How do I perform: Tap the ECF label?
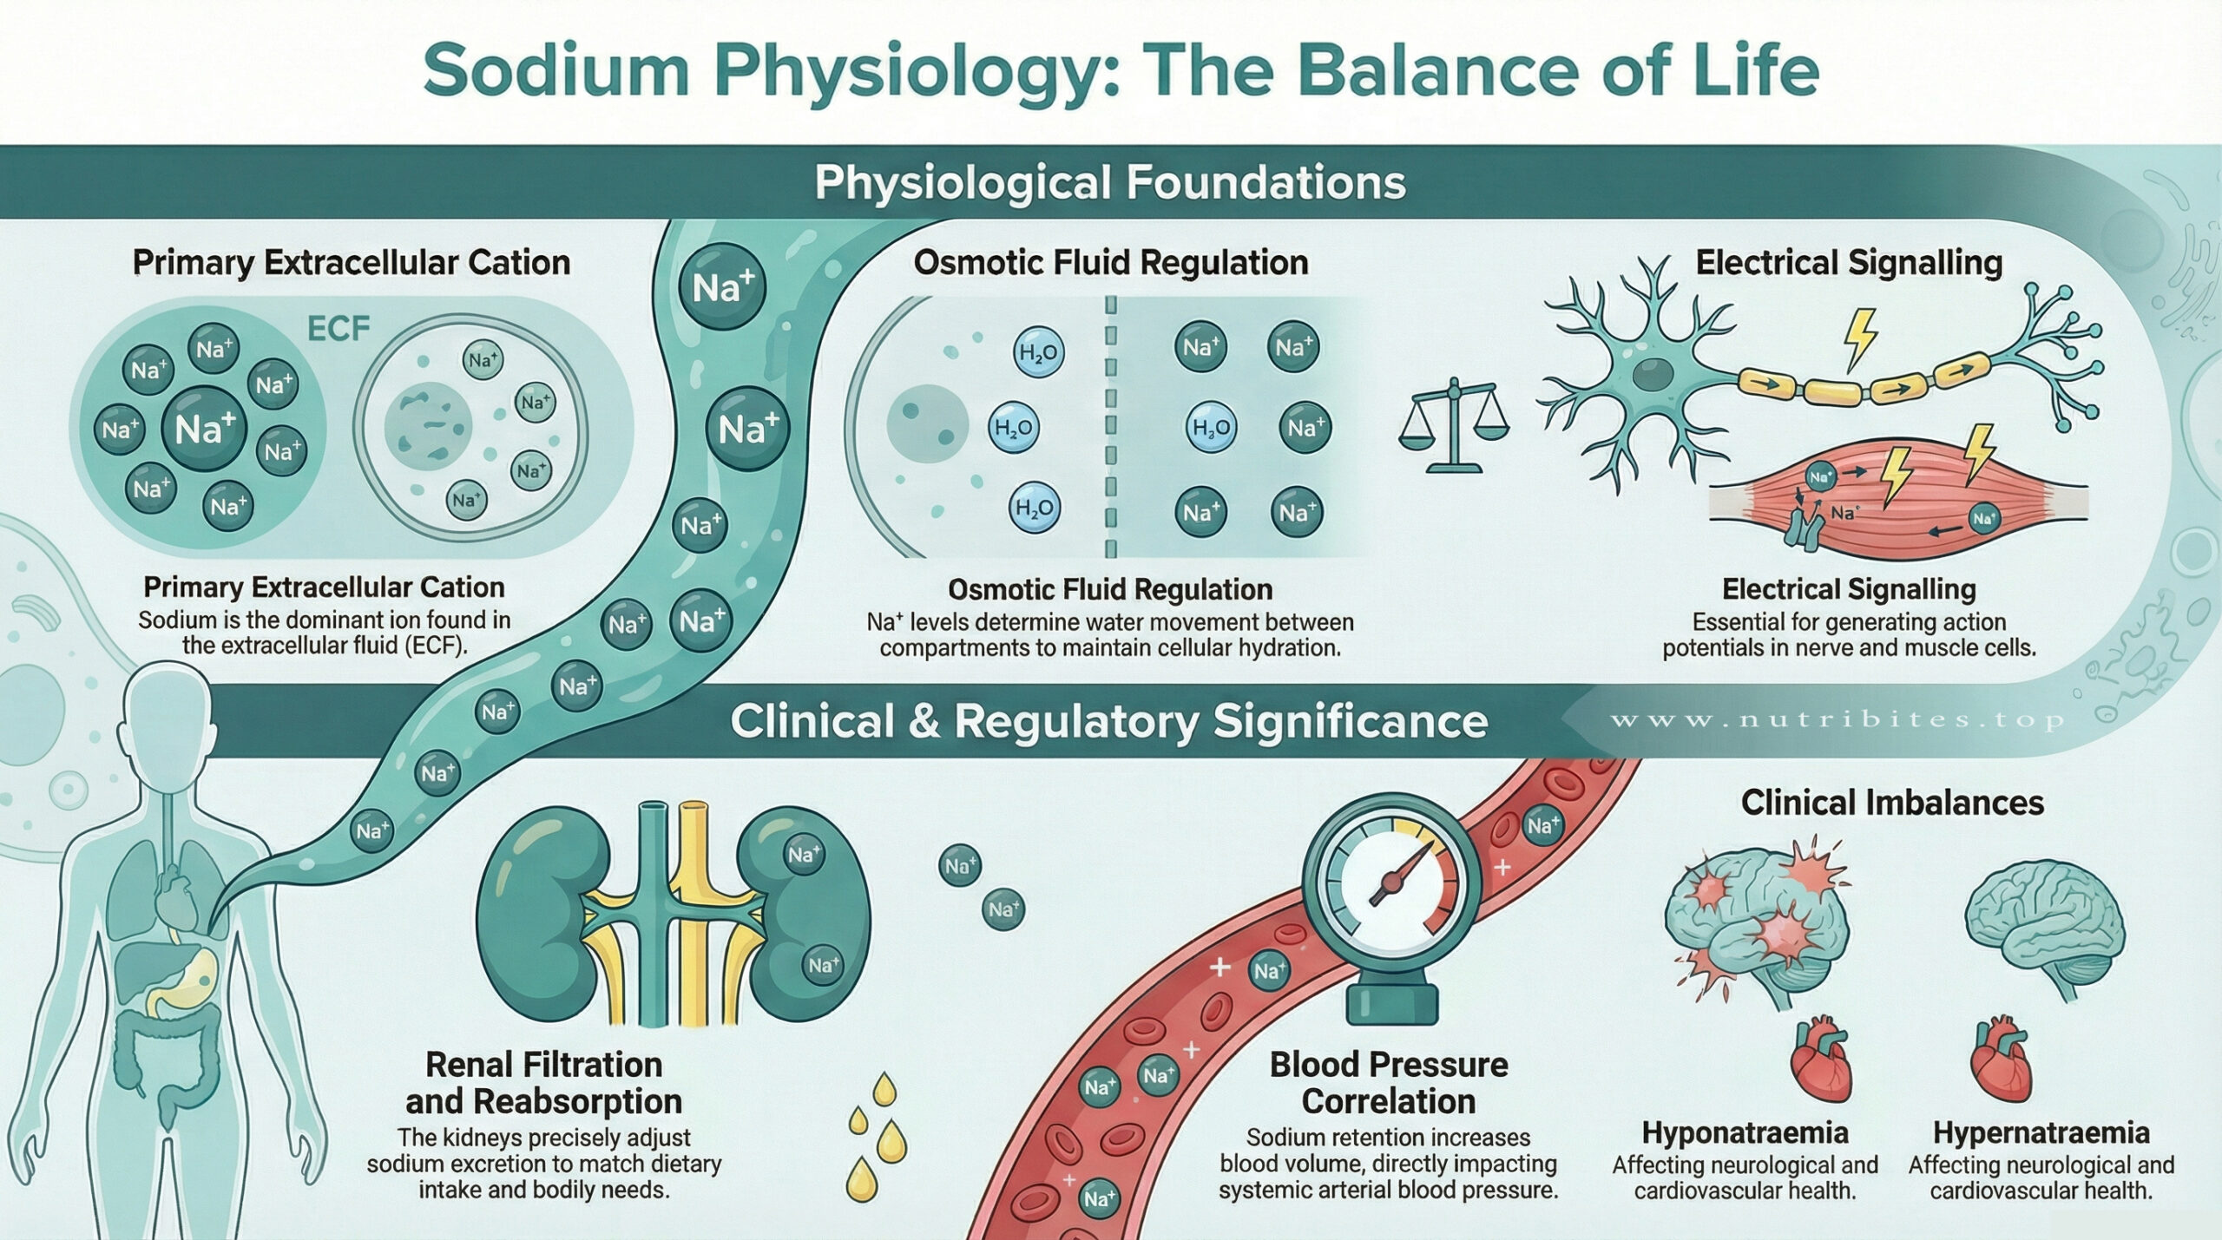(x=339, y=329)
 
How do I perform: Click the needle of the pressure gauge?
(x=1397, y=877)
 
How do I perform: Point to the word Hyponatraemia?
(x=1745, y=1132)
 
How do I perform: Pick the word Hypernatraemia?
(x=2041, y=1132)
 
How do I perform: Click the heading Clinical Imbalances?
(x=1892, y=803)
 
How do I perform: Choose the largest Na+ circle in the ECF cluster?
(x=205, y=429)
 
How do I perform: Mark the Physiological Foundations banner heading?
(x=1110, y=183)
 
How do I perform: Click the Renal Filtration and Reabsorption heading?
(x=543, y=1083)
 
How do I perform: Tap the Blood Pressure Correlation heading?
(x=1388, y=1083)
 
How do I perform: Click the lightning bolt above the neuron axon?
(x=1859, y=339)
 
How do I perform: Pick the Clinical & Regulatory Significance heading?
(x=1108, y=722)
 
